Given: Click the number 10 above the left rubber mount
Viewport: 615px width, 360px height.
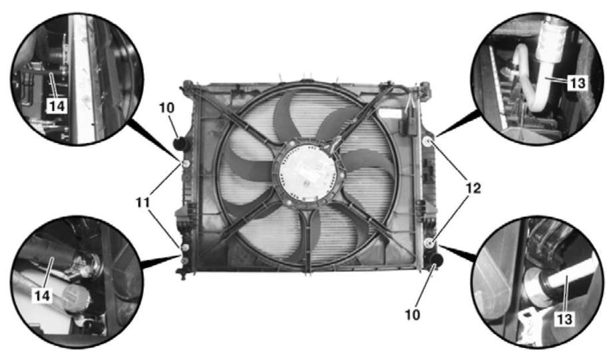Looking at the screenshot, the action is pos(166,108).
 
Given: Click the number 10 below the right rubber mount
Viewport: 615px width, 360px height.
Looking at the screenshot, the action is pos(412,315).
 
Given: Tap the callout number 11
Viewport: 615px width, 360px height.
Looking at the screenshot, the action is pos(142,202).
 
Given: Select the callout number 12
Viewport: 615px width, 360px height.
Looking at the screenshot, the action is pos(473,188).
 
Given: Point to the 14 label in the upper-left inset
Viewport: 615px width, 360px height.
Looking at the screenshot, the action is pos(57,106).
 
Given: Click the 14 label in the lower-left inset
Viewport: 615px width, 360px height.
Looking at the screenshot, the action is pos(42,295).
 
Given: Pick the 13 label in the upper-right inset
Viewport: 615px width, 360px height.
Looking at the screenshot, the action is pos(578,83).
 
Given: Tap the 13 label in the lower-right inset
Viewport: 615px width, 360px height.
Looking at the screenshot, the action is pos(565,319).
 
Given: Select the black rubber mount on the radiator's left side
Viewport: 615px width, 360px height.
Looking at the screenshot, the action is pos(182,144).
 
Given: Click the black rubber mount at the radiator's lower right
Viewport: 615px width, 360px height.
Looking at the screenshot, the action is pos(435,260).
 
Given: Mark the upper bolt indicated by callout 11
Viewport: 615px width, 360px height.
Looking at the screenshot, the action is pos(186,164).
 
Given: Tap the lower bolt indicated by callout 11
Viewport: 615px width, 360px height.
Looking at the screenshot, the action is pos(186,247).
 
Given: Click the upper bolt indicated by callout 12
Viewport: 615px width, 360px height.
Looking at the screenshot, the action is pos(428,142).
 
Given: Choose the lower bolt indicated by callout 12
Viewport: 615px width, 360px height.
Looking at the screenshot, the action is pos(430,243).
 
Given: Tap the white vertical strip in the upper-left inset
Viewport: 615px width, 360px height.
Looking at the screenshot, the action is pos(83,79).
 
